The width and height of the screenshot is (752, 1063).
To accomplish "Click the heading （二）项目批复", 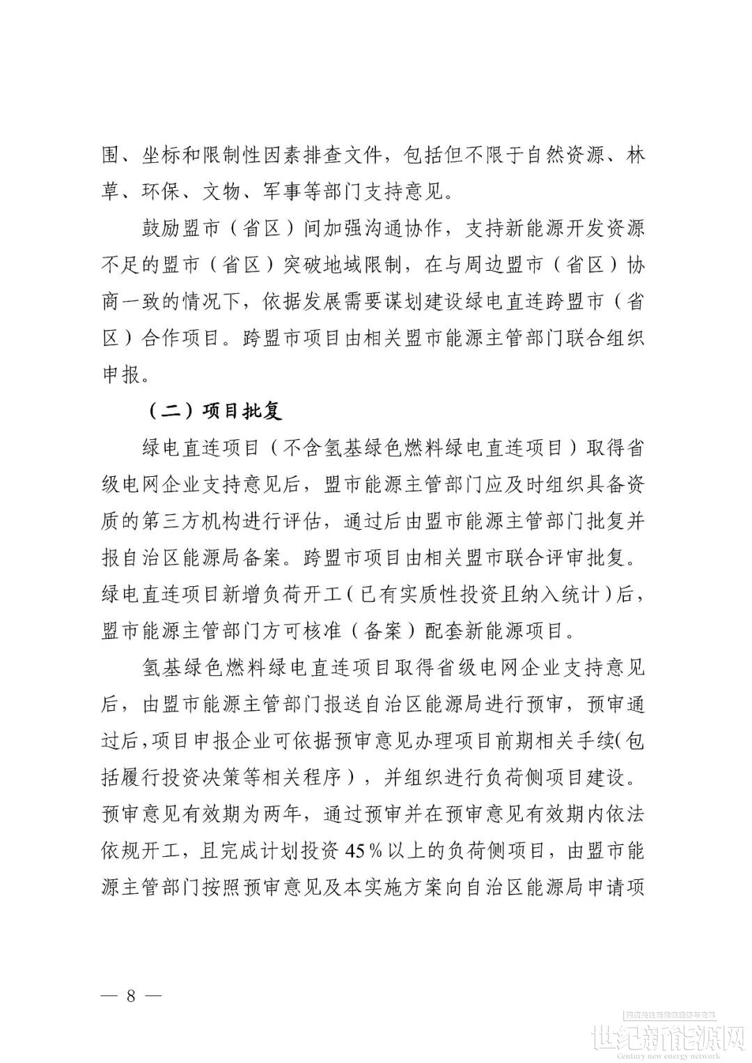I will tap(214, 411).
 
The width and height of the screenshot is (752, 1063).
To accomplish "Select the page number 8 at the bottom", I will tap(130, 994).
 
